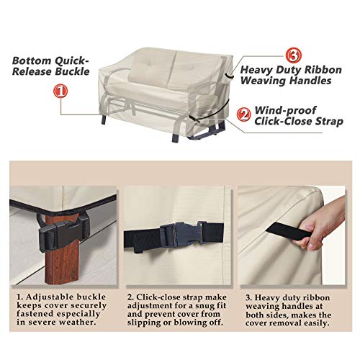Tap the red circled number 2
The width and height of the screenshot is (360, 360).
[x=244, y=112]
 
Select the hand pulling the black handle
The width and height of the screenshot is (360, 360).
[x=318, y=226]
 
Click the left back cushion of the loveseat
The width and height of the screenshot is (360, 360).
[x=152, y=68]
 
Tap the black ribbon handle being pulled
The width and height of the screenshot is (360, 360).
[x=282, y=228]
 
